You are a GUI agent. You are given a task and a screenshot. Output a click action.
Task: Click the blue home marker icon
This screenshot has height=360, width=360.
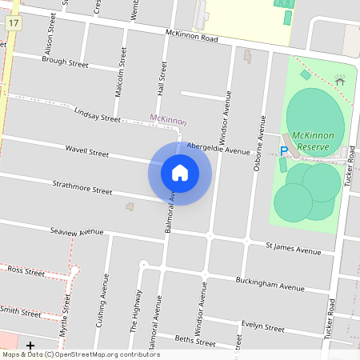pos(180,173)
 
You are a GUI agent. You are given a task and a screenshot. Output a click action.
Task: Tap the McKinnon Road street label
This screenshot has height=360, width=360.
pos(192,36)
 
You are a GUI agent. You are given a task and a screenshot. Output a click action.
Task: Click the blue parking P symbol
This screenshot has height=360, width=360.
pos(283,150)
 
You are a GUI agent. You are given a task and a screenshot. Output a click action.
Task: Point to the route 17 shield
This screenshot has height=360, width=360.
pos(14,23)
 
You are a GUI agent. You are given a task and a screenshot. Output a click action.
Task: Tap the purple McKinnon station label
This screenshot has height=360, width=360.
pos(168,121)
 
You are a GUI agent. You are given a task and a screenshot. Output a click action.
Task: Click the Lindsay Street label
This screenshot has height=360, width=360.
pos(96,114)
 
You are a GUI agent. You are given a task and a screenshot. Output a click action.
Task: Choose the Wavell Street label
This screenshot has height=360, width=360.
pos(86,151)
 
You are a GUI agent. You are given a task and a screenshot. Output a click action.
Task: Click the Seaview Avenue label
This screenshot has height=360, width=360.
pos(77,231)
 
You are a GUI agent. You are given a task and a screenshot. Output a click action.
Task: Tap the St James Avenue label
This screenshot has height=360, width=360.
pos(294,249)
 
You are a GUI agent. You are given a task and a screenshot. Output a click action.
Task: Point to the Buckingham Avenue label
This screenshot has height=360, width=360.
pos(270,283)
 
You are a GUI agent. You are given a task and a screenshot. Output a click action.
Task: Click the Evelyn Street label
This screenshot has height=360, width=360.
pos(263,326)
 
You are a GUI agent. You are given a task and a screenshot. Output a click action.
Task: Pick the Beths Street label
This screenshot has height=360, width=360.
pos(195,341)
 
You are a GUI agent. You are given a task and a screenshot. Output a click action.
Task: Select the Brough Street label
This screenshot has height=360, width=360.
pos(65,61)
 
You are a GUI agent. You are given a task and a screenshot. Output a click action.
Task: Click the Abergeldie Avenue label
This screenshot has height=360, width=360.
pos(218,150)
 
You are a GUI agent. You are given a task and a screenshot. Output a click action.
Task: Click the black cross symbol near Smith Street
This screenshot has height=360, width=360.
pos(30,345)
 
